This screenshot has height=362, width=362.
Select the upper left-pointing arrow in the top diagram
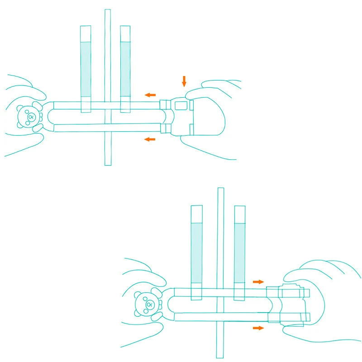[x=150, y=95]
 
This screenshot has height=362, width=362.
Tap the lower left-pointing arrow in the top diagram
[x=150, y=139]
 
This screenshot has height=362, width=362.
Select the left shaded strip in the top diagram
[x=86, y=69]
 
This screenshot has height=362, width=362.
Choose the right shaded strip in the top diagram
[x=125, y=69]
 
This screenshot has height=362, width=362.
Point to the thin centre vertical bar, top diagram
[x=107, y=54]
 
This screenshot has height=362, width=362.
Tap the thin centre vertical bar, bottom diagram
[x=221, y=235]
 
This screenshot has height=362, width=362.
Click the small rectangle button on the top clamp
[x=181, y=105]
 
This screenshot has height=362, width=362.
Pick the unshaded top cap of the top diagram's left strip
[x=86, y=33]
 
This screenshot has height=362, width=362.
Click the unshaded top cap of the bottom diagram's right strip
[x=240, y=214]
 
